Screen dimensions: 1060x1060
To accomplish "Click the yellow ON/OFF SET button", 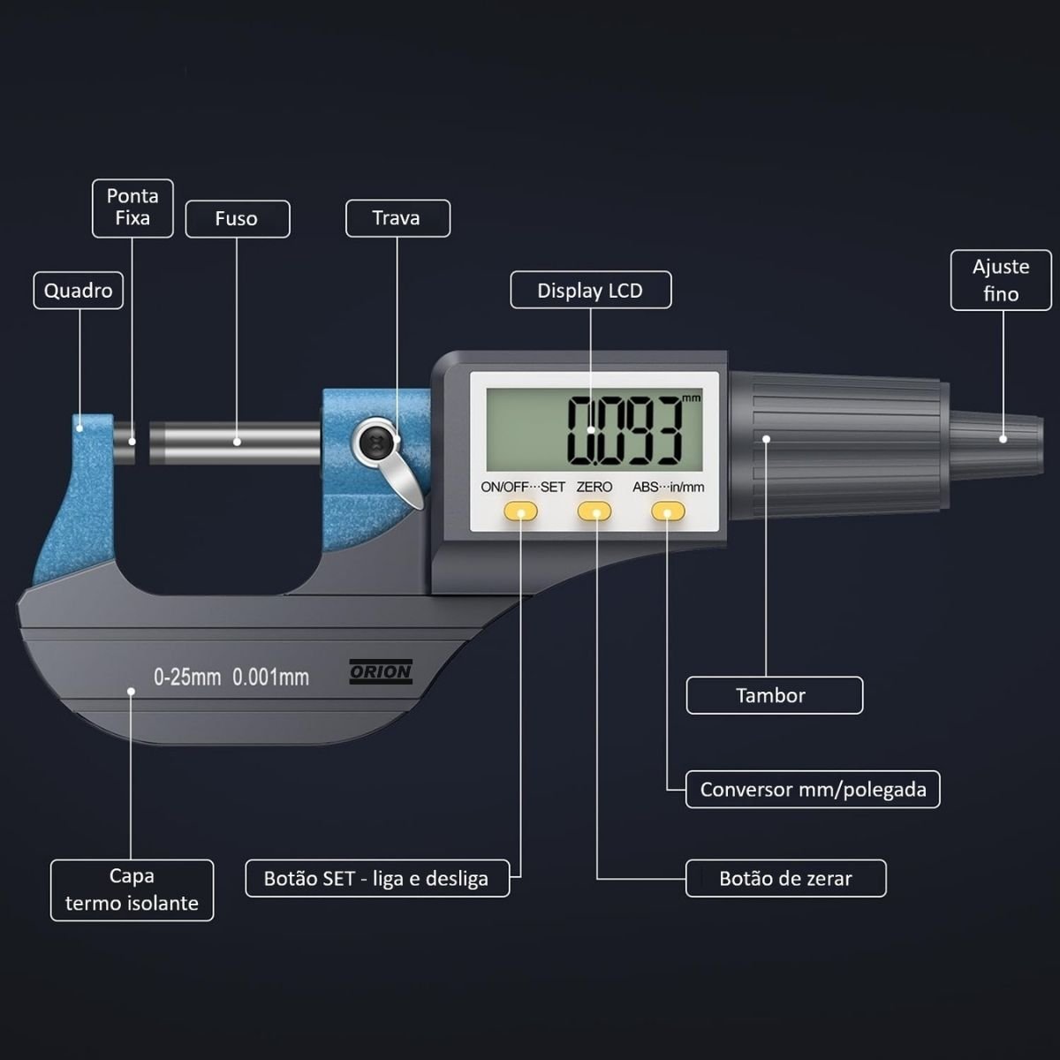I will [520, 511].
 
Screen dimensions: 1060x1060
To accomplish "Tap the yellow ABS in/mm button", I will [668, 511].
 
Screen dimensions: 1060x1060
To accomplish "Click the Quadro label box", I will [78, 291].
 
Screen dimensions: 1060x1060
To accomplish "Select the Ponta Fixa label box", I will [132, 208].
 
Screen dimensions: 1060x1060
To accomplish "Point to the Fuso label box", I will [237, 219].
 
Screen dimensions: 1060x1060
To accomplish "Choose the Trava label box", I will [397, 218].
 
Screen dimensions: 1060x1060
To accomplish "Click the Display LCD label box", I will [590, 291].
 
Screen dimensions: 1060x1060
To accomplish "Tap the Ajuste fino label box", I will [1001, 280].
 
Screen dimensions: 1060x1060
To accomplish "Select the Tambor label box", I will [774, 695].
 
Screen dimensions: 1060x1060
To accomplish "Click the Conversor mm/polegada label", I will [813, 789].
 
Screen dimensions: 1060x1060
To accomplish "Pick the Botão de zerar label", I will [785, 878].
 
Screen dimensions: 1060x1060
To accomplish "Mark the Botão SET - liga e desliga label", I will [376, 878].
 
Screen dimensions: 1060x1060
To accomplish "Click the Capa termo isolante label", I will [132, 890].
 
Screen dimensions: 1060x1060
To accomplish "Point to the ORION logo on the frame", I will [381, 672].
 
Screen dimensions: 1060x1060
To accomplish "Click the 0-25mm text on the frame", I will [187, 678].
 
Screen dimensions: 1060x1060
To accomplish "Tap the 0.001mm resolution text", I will [270, 678].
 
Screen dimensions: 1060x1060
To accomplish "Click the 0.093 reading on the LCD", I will [624, 430].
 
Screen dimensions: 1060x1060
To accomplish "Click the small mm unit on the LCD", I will [691, 398].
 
